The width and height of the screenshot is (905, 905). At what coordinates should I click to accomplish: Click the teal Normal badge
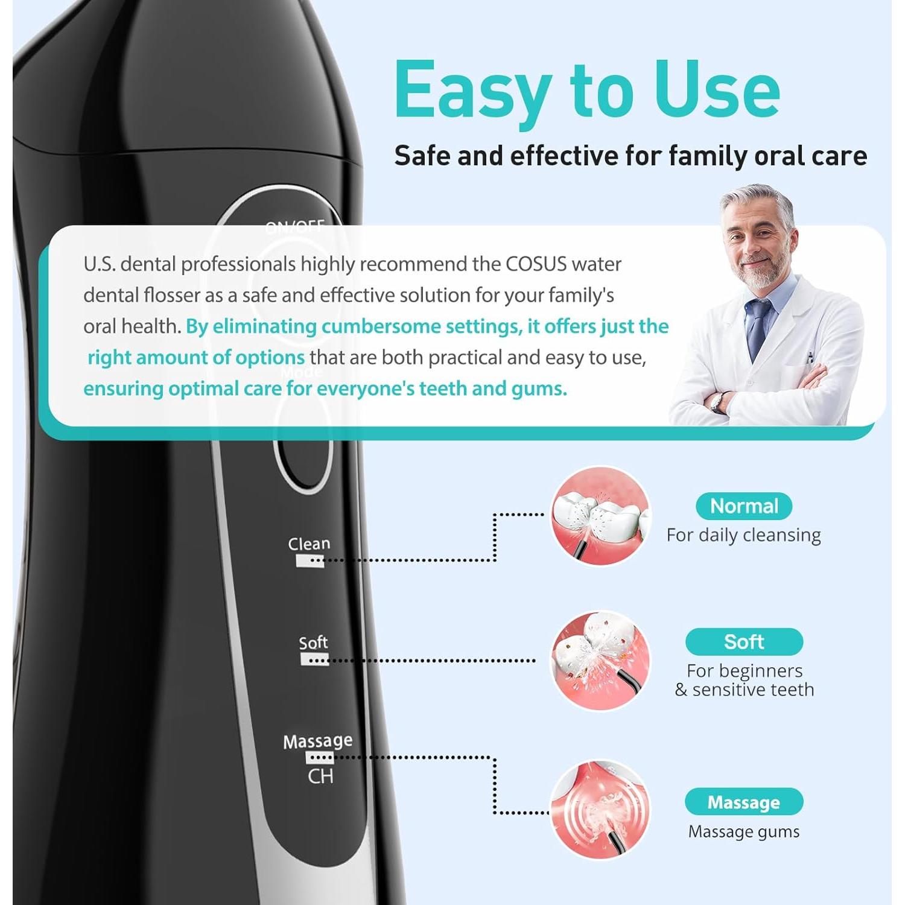click(x=743, y=506)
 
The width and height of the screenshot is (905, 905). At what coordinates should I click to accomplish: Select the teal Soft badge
click(x=743, y=641)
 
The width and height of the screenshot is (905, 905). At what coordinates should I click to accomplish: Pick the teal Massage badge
click(x=743, y=802)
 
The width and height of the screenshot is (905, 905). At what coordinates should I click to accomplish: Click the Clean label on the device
click(x=309, y=544)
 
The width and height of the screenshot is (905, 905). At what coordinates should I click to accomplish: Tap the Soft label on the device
click(x=314, y=643)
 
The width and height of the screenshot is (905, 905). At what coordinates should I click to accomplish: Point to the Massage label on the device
click(x=318, y=741)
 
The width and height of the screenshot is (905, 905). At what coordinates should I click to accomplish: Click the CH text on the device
click(x=320, y=776)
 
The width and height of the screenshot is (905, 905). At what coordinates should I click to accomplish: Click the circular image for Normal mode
click(x=601, y=516)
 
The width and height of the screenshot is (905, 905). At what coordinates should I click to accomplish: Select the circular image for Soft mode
click(x=601, y=661)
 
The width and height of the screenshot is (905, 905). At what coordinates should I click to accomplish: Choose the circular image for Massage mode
click(x=601, y=808)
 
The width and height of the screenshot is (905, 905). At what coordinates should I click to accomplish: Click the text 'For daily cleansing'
click(x=743, y=535)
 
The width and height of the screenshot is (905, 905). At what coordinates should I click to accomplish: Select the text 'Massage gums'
click(x=743, y=831)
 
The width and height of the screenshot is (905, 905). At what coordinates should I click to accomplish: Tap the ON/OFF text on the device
click(x=295, y=227)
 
